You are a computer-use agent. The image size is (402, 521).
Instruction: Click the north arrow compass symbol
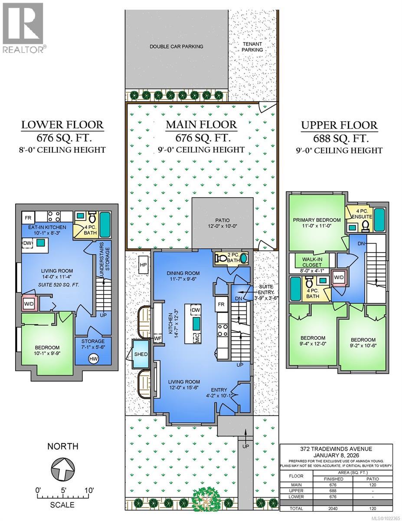[x=62, y=468]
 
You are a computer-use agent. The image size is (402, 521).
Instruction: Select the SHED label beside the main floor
[x=141, y=354]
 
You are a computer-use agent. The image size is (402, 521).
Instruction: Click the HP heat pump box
[x=143, y=264]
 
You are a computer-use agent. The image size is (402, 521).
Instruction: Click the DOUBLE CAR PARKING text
[x=176, y=46]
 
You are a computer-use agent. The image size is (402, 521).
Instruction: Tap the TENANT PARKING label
[x=252, y=46]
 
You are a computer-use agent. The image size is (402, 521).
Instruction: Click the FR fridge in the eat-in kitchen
[x=28, y=217]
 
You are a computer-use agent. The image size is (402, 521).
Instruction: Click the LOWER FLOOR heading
[x=63, y=125]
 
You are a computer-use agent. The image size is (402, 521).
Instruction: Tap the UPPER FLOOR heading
[x=339, y=126]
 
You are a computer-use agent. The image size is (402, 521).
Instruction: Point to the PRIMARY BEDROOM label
[x=316, y=220]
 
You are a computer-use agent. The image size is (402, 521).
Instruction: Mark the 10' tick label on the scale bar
[x=89, y=490]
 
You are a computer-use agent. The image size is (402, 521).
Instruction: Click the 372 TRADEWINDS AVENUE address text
[x=336, y=449]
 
